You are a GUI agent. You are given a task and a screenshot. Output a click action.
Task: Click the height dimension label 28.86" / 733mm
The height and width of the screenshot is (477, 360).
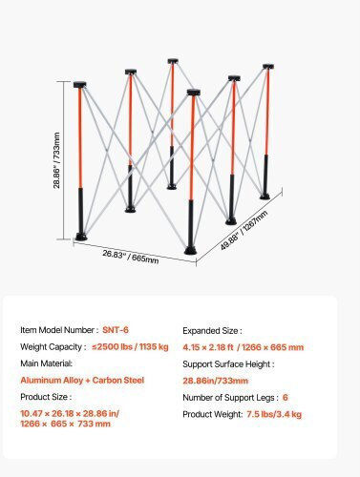pos(56,160)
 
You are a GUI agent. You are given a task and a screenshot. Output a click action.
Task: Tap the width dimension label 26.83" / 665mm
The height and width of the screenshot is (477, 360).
pos(131,257)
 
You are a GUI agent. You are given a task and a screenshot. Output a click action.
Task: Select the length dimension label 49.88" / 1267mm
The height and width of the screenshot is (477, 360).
pos(244,230)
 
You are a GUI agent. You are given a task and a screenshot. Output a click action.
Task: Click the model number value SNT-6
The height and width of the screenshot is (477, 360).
pos(116,330)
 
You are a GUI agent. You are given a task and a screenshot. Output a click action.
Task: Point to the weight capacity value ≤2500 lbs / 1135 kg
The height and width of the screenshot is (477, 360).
pos(130,346)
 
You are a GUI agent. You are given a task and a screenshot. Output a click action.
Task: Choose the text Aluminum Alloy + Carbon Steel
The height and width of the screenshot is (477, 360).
pos(82,380)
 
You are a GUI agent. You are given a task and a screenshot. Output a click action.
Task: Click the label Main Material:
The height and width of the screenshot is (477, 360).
pos(47,363)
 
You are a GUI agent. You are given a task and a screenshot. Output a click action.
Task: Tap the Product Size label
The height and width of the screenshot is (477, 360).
pos(46,397)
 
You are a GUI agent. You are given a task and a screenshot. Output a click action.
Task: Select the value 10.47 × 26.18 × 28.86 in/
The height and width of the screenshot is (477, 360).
pos(70,413)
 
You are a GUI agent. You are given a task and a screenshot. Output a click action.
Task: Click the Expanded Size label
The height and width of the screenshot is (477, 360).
pos(212,331)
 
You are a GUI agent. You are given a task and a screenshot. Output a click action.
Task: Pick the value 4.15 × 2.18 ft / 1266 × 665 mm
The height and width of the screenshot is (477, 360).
pos(244,347)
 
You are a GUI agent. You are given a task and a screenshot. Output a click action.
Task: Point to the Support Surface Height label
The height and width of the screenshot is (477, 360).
pos(228,364)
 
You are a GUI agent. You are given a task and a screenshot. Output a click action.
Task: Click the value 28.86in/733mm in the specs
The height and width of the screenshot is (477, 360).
pos(215,381)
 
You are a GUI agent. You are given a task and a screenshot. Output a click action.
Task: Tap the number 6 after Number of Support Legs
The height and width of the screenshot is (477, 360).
pos(286,397)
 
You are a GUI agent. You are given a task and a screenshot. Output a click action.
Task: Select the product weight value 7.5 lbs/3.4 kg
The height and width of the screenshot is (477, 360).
pos(274,414)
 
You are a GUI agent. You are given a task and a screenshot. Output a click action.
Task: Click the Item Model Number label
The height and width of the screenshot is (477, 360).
pos(57,330)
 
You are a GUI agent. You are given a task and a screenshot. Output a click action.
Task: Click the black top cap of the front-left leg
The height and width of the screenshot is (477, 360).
pos(80,85)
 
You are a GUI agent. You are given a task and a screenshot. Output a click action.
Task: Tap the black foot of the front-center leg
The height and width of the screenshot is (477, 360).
pos(191,250)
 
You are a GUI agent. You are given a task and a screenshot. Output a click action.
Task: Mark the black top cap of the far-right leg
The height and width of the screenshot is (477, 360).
pos(268,67)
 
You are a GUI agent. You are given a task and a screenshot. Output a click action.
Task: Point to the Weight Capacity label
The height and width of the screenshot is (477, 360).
pos(53,346)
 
